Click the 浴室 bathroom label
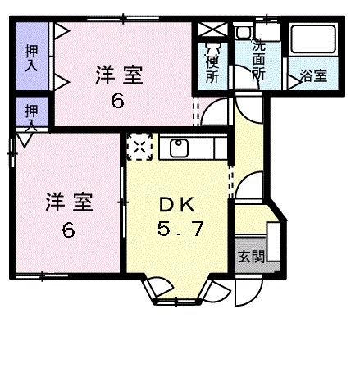tap(313, 76)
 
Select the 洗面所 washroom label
tap(259, 61)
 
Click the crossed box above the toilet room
tap(211, 30)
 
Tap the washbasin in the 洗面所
tap(244, 34)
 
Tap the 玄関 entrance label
tap(252, 256)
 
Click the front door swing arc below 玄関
tap(245, 292)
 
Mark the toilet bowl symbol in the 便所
tap(212, 47)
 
